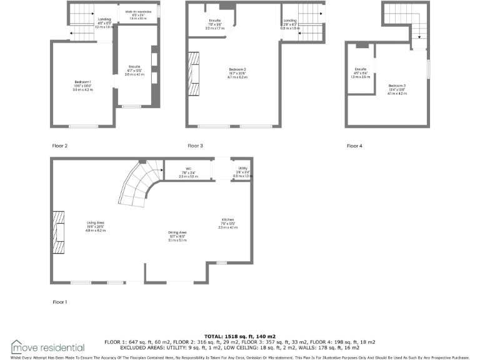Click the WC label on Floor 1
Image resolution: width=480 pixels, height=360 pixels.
point(188,169)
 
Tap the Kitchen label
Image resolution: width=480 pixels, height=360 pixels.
point(228,219)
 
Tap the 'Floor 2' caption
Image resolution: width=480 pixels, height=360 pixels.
point(60,146)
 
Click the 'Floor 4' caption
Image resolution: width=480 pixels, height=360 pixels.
point(354,146)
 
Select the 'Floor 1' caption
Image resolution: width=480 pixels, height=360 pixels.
point(60,301)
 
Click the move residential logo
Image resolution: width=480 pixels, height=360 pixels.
point(47,347)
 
